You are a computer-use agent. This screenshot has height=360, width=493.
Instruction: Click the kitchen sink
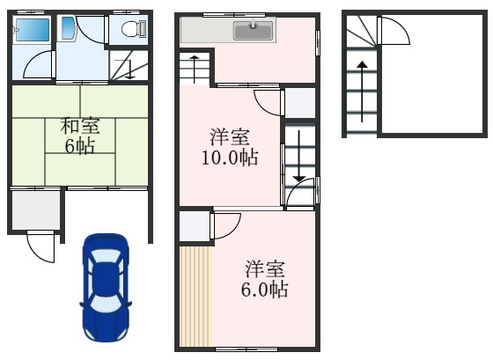[254, 31]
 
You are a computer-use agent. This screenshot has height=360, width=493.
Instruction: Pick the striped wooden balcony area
[195, 295]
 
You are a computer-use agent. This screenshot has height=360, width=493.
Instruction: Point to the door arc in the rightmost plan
[394, 33]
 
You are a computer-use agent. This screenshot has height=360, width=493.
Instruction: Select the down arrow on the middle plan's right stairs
[299, 158]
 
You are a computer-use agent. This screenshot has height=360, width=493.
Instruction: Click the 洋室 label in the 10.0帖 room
[230, 137]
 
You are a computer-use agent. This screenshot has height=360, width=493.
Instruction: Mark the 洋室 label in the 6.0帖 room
[266, 268]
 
